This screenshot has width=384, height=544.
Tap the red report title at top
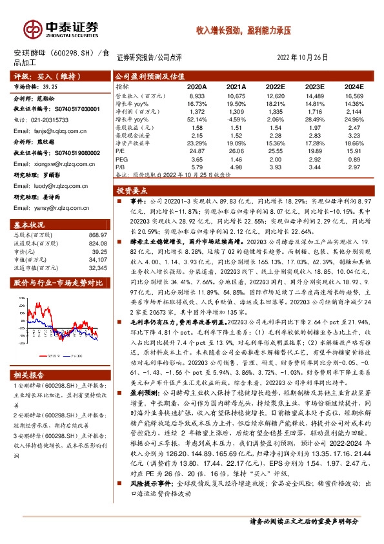click(x=244, y=30)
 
